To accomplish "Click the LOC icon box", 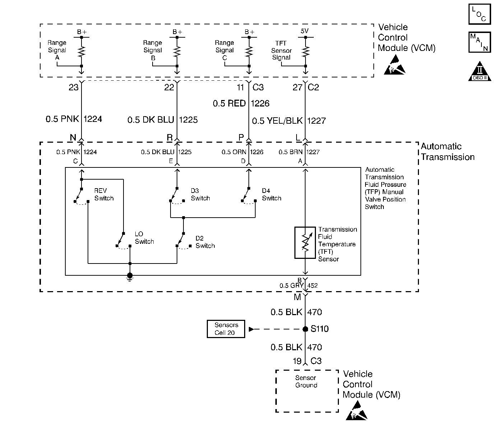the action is tap(480, 14).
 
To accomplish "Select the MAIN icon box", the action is tap(480, 42).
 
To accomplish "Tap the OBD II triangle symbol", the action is tap(480, 71).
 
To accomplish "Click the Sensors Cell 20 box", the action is tap(226, 329).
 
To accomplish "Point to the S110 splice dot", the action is tap(305, 329).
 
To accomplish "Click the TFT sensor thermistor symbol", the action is tap(305, 243).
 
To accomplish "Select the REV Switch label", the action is tap(104, 194).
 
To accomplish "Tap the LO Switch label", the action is tap(144, 238).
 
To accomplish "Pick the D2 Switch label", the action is tap(205, 242).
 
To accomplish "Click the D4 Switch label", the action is tap(271, 194).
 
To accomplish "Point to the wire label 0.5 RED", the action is tap(229, 103).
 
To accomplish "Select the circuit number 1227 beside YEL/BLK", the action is tap(316, 121).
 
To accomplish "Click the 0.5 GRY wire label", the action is tap(291, 286).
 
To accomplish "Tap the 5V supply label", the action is tap(305, 31).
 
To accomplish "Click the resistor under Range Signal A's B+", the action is tap(81, 52).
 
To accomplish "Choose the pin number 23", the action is tap(73, 87).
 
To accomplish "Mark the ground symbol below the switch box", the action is tap(130, 276).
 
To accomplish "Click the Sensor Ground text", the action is tap(306, 381).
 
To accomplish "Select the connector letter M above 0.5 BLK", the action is tap(298, 297).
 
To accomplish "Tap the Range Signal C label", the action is tap(224, 50).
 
